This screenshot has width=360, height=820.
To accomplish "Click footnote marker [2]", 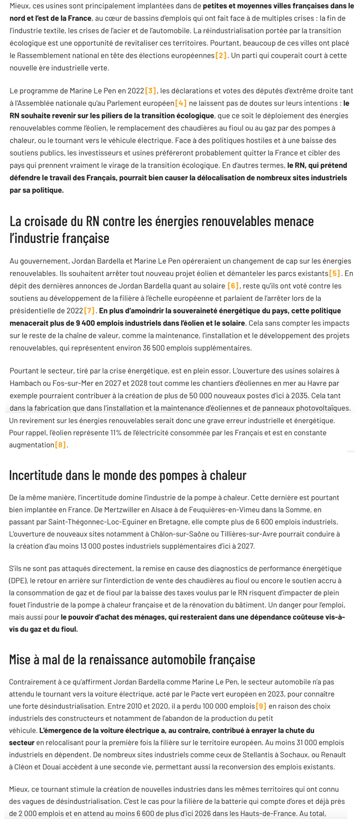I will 221,55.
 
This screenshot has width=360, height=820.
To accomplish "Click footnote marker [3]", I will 151,91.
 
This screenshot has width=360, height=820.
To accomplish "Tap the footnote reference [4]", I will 181,103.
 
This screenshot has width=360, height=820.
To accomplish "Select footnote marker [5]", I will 335,273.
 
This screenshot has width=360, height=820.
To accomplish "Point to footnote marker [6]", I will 233,286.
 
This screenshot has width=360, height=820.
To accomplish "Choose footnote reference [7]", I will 90,311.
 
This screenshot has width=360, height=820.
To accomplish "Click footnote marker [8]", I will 60,445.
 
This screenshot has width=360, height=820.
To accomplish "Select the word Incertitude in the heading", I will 36,475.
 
